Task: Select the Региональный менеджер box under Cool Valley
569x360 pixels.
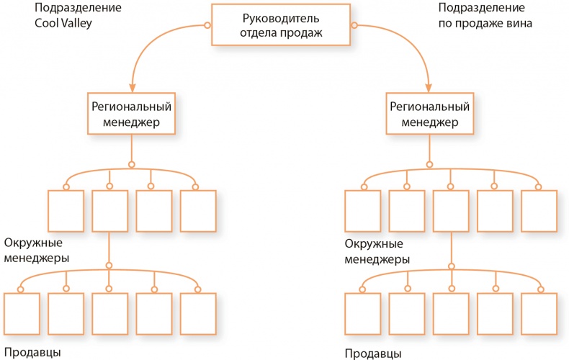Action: pos(131,114)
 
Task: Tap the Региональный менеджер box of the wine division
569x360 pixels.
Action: pos(429,114)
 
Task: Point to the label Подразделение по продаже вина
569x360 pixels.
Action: pos(485,16)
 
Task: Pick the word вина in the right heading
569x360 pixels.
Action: pos(519,23)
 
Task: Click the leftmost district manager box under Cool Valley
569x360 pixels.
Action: pos(66,210)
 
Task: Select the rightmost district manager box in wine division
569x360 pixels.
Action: pos(539,210)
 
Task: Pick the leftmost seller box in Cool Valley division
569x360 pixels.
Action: pos(22,315)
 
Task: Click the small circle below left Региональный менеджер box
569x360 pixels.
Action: pos(131,164)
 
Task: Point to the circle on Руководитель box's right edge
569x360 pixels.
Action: pos(354,25)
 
